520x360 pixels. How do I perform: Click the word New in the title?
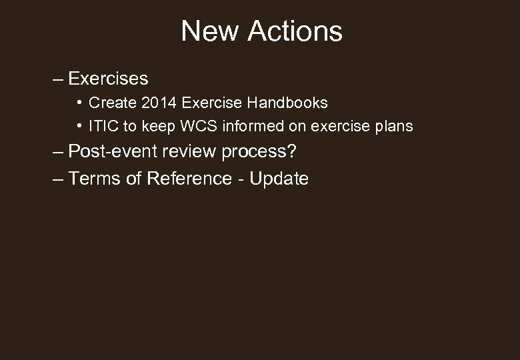[209, 31]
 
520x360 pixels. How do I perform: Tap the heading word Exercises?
[108, 79]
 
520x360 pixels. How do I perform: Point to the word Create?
[111, 103]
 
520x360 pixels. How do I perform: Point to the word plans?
[394, 125]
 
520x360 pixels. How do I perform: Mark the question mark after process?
[291, 151]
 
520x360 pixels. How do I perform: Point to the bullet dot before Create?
[79, 103]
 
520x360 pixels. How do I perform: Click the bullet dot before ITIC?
[79, 125]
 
